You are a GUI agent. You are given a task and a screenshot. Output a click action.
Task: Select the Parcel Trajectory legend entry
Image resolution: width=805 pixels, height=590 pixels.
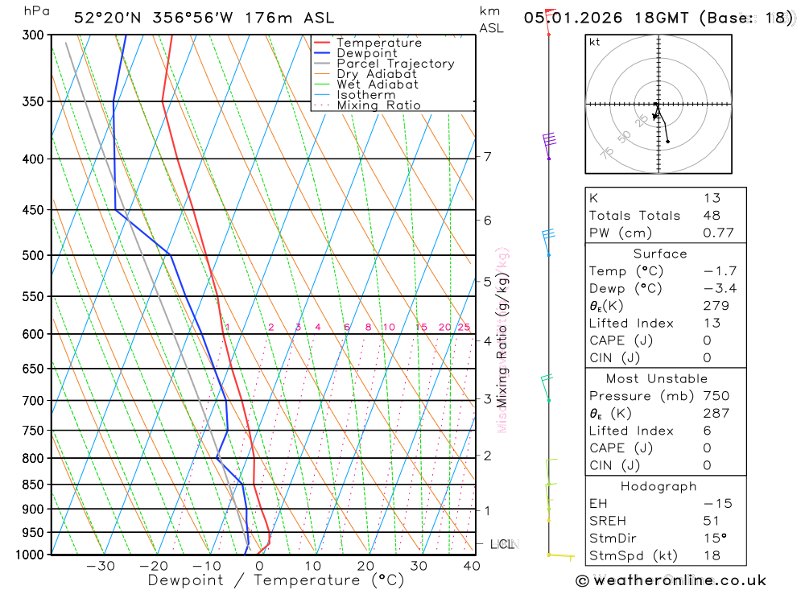click(395, 64)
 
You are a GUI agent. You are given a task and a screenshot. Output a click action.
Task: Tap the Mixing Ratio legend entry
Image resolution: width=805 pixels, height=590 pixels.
click(378, 105)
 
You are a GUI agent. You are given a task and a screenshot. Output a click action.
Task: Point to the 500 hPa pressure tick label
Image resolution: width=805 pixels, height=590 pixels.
click(34, 255)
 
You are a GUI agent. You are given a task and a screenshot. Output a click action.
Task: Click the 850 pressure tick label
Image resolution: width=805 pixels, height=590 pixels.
click(34, 485)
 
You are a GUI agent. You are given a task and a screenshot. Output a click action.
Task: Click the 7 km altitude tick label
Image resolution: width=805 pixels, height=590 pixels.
click(487, 156)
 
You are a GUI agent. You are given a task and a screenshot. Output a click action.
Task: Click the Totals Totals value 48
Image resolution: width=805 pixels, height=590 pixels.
click(712, 216)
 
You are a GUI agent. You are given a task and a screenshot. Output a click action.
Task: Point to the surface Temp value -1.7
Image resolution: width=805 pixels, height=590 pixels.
click(720, 271)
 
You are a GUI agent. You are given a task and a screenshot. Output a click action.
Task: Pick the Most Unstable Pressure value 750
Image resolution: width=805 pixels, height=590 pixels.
click(716, 396)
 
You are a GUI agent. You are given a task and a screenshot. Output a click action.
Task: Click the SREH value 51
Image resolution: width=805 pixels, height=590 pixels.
click(712, 521)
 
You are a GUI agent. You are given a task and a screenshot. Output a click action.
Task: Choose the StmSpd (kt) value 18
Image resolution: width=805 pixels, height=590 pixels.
click(712, 555)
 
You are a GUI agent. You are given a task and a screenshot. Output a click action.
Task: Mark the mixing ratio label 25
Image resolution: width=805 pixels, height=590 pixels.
click(464, 327)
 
